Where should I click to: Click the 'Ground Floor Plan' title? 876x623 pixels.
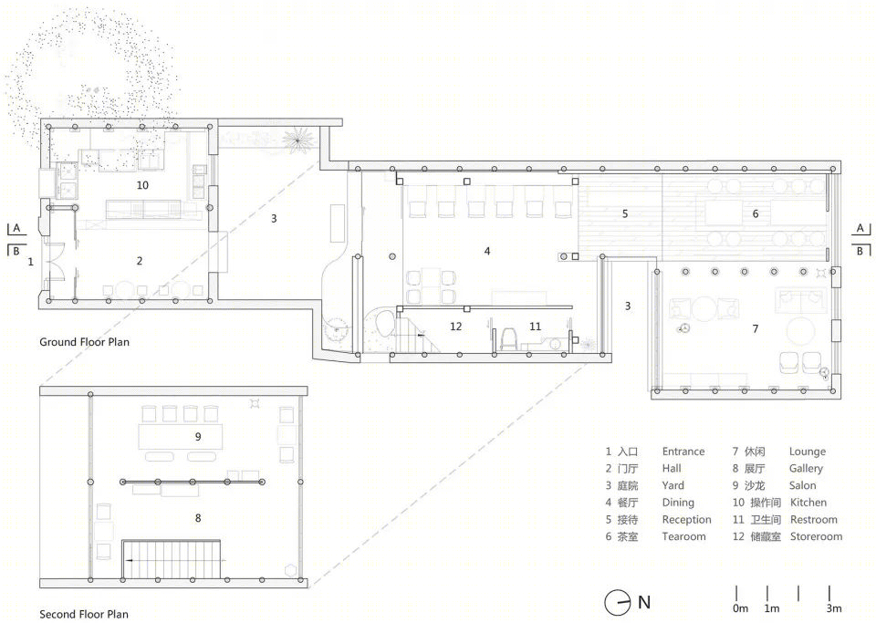click(84, 342)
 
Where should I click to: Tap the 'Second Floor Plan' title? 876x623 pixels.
click(84, 614)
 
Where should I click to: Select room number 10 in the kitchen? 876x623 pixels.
click(142, 185)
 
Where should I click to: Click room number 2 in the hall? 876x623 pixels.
click(140, 261)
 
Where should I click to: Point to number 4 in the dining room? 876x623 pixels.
click(487, 251)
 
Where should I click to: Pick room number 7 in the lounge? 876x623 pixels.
click(756, 328)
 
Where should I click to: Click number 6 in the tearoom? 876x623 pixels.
click(756, 213)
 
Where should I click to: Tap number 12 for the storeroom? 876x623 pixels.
click(456, 326)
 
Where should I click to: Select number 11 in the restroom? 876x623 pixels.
click(536, 326)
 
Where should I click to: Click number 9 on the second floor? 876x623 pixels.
click(198, 437)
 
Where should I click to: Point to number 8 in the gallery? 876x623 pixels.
click(198, 518)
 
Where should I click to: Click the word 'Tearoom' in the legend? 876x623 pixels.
click(683, 536)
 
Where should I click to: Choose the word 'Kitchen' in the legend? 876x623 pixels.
click(808, 503)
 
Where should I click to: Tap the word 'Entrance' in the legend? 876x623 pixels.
click(683, 452)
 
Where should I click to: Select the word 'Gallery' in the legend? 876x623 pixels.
click(806, 468)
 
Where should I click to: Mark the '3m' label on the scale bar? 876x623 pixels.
click(834, 608)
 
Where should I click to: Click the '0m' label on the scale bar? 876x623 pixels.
click(740, 608)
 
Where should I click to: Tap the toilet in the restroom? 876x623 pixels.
click(508, 338)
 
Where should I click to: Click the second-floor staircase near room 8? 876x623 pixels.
click(172, 559)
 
